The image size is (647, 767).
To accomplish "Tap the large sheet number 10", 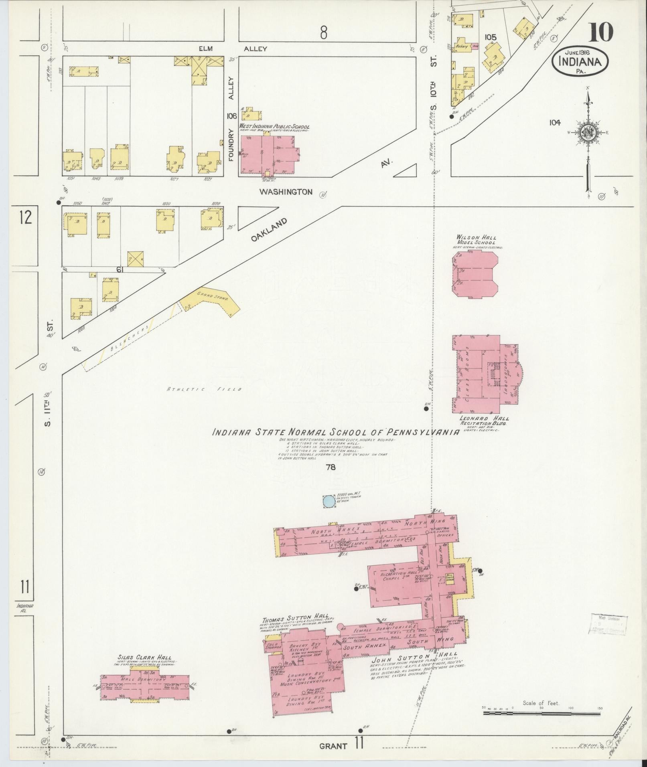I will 600,32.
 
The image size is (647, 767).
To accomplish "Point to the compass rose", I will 588,133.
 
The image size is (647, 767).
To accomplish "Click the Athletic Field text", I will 204,389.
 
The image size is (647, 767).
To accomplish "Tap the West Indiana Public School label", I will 274,126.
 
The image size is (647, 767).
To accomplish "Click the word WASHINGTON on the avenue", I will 286,192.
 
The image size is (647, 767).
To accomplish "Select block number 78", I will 331,467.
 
